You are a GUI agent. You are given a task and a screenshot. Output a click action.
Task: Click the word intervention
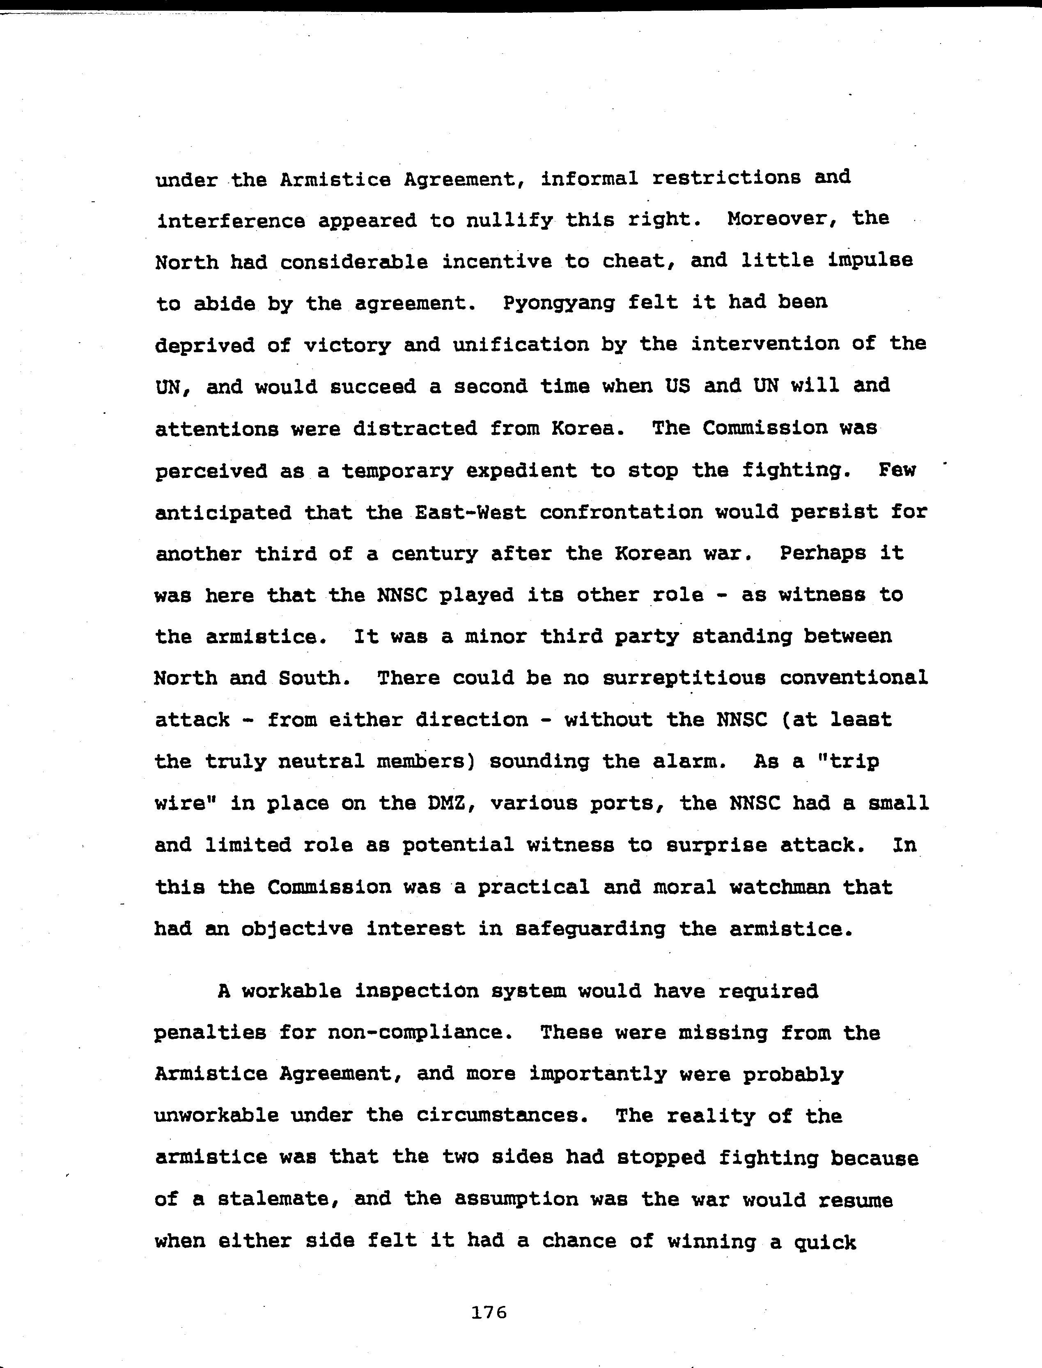coord(765,344)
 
